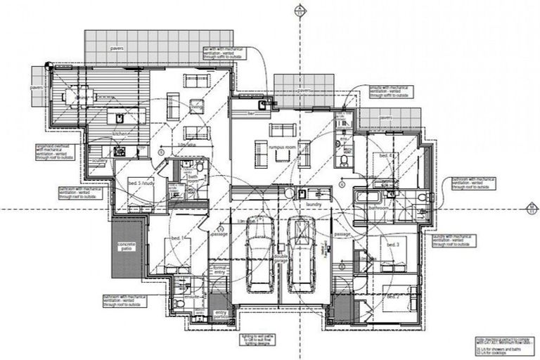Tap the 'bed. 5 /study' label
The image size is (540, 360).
(141, 184)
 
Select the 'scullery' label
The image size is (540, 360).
(98, 160)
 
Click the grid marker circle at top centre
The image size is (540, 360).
(300, 10)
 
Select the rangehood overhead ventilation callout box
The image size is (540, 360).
(56, 153)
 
